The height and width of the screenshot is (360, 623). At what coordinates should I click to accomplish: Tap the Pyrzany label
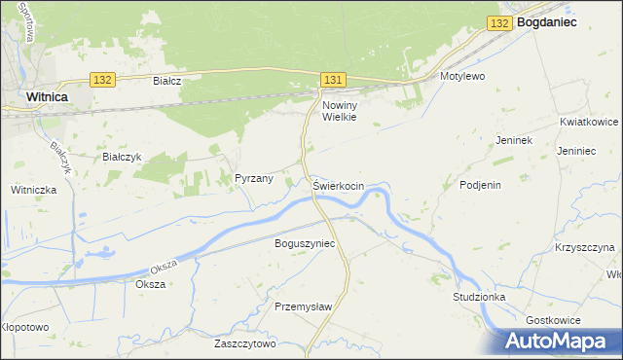point(253,179)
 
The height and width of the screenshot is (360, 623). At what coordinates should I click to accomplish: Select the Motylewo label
point(462,75)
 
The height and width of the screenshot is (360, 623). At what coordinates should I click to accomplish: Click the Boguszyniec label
point(304,243)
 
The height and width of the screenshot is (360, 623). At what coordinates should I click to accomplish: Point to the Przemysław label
point(304,306)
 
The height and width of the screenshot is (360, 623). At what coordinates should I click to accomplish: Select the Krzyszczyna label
point(585,248)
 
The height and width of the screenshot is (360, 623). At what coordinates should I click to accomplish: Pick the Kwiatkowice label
point(589,123)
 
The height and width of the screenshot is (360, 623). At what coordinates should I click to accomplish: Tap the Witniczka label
point(34,191)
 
